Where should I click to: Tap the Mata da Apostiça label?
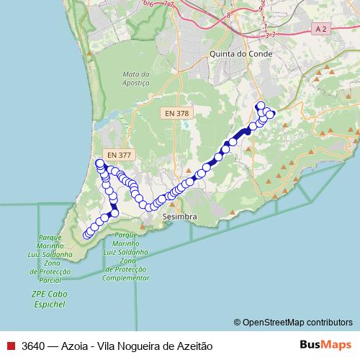[x=135, y=78]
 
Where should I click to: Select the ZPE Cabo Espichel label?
[x=48, y=300]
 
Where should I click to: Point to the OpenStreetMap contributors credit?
[x=293, y=323]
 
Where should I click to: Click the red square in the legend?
[x=10, y=345]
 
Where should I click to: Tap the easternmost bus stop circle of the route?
[x=271, y=114]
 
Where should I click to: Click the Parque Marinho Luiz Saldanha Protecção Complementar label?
[x=126, y=256]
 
